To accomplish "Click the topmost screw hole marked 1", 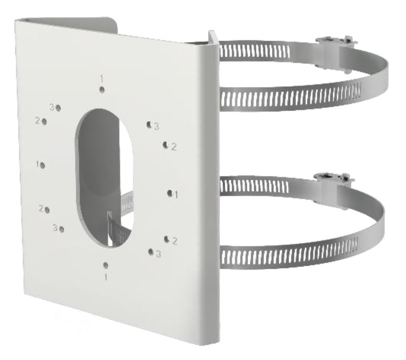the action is (102, 90).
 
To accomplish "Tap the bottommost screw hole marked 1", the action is (105, 265).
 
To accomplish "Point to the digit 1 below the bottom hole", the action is (106, 277).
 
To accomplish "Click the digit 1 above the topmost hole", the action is (102, 78).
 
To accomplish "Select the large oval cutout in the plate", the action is (104, 177).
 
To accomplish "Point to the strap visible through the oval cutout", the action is (119, 220).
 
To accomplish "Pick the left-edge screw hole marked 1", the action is (43, 165).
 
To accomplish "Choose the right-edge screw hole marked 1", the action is (170, 193).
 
